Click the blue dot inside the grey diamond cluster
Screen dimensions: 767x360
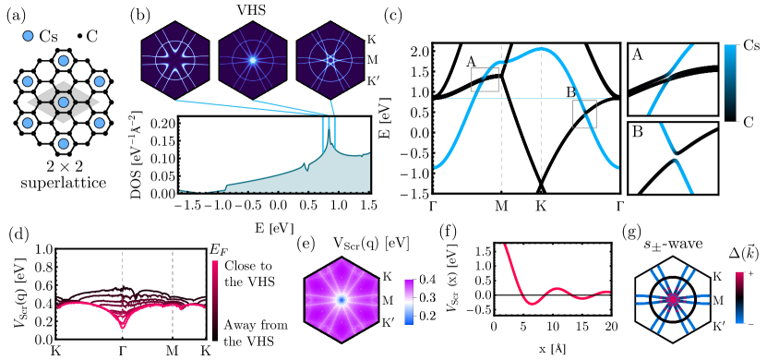[x=64, y=102]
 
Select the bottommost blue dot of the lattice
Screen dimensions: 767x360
[x=64, y=144]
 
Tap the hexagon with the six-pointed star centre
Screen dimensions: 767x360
[x=174, y=61]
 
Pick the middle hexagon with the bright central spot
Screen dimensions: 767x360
[x=252, y=61]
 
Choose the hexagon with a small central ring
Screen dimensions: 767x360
[x=330, y=61]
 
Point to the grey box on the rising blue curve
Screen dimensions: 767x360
[x=485, y=79]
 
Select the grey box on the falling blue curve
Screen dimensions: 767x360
[x=584, y=114]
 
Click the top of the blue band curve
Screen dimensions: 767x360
[x=540, y=47]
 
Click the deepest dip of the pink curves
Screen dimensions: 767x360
[x=123, y=326]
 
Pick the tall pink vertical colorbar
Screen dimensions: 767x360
[x=215, y=297]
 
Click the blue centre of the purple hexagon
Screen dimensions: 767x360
[x=341, y=300]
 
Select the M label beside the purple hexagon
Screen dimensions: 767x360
[x=387, y=300]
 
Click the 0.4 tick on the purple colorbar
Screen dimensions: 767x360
[x=427, y=279]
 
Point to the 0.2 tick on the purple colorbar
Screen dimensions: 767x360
[x=427, y=317]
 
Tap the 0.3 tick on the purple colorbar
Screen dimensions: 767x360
[x=427, y=297]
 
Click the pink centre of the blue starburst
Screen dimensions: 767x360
[x=673, y=299]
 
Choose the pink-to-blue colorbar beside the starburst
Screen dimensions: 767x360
[x=739, y=297]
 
